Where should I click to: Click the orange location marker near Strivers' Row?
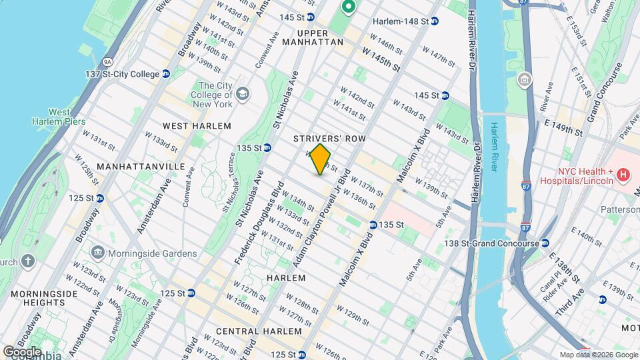click(321, 159)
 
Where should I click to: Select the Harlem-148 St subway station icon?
click(434, 21)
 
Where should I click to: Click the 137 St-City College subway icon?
click(165, 74)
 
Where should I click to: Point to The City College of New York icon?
click(242, 92)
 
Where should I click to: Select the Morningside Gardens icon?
click(97, 253)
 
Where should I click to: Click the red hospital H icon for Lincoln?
click(623, 175)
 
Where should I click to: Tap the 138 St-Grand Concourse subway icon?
click(545, 243)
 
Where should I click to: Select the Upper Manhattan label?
click(311, 37)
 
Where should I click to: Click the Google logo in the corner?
click(23, 351)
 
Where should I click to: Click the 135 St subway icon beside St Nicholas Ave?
click(267, 147)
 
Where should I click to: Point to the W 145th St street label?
click(381, 59)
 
